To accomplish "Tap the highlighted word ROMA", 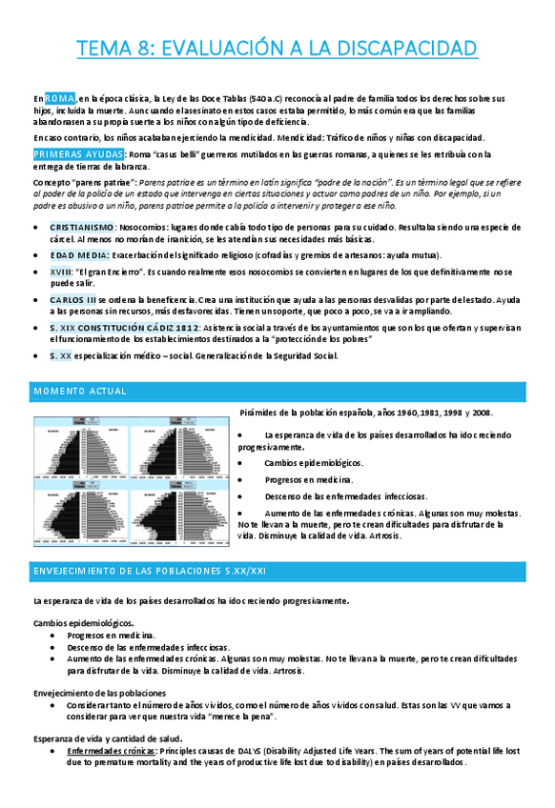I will (59, 98).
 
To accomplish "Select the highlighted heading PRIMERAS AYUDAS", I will (72, 154).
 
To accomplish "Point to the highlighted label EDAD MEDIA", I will (78, 255).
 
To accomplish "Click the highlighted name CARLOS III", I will (72, 299).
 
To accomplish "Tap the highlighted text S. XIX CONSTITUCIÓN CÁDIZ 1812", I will (124, 327).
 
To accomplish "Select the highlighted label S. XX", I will (60, 355).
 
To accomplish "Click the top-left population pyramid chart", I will (87, 447).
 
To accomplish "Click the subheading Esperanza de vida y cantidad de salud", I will (108, 738).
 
